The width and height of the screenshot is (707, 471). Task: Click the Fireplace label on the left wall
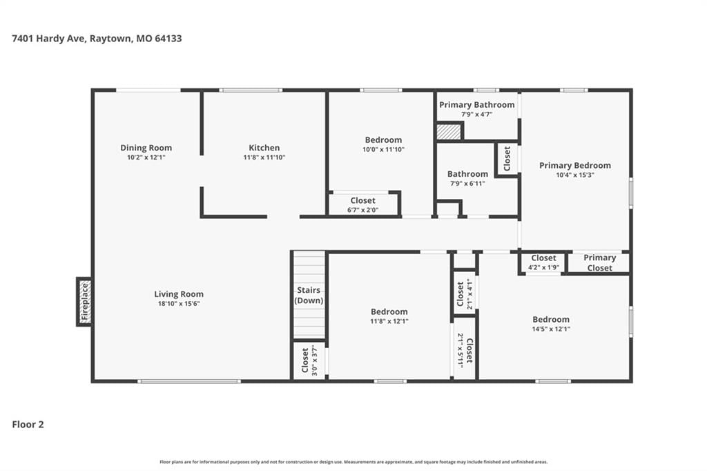[x=85, y=302]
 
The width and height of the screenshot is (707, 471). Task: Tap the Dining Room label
[x=146, y=148]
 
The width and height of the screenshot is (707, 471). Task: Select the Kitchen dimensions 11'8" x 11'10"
[x=264, y=157]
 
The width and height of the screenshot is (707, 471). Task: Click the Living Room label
[x=179, y=294]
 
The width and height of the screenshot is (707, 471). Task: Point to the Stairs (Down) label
[x=309, y=295]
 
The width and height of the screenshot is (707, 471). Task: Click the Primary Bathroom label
[x=476, y=105]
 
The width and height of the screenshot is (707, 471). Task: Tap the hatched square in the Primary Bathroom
[x=449, y=132]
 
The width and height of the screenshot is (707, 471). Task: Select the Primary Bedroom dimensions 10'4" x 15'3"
[x=575, y=175]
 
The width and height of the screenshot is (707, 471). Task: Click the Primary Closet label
[x=600, y=262]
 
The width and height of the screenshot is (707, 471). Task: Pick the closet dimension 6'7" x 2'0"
[x=362, y=210]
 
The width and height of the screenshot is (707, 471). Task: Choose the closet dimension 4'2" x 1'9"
[x=544, y=267]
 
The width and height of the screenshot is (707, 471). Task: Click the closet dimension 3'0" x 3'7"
[x=314, y=361]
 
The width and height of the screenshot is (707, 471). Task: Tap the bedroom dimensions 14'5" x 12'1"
[x=551, y=329]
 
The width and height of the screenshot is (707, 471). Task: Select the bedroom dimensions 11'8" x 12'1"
[x=389, y=321]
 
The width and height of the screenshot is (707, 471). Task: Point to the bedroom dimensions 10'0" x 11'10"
[x=383, y=149]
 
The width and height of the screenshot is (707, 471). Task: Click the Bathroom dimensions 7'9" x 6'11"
[x=467, y=184]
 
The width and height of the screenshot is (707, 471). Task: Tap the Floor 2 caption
[x=28, y=425]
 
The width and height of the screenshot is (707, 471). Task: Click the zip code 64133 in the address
[x=168, y=39]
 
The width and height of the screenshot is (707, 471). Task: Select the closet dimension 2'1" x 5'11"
[x=461, y=351]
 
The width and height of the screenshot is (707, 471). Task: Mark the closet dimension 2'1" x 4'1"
[x=469, y=294]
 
